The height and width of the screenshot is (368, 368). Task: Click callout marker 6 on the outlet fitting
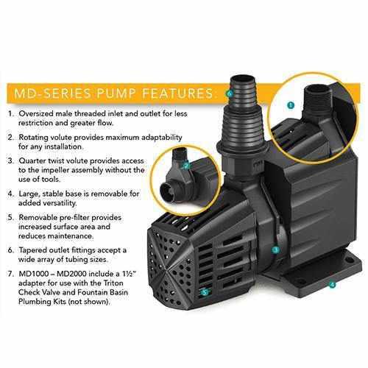click(230, 93)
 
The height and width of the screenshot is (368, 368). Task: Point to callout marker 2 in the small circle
click(188, 166)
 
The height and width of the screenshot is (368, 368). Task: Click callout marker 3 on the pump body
click(275, 250)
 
